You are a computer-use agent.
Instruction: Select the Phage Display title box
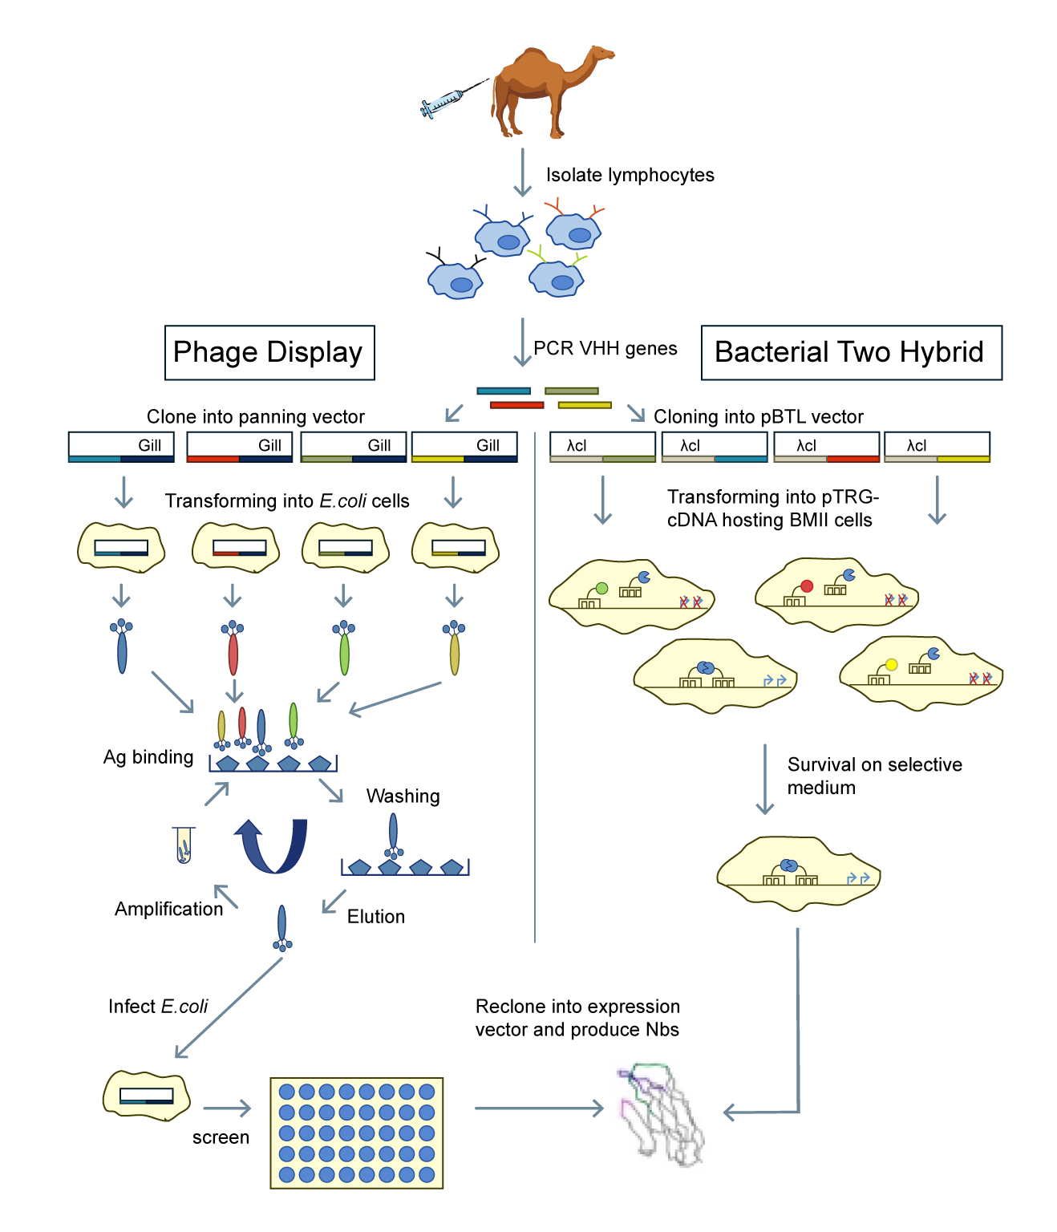(x=269, y=353)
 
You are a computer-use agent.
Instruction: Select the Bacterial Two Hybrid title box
(x=851, y=353)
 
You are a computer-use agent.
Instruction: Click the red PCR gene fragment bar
(x=516, y=405)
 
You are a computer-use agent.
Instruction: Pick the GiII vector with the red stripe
(x=239, y=448)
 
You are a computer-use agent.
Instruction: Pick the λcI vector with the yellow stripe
(x=937, y=448)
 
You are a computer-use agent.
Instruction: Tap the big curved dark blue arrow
(x=273, y=846)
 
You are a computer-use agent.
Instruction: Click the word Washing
(x=403, y=796)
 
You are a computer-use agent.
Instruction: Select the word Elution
(x=375, y=917)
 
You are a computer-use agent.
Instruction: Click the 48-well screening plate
(x=357, y=1133)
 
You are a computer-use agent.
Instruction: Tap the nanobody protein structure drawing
(x=662, y=1115)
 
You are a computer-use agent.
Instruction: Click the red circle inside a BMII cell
(x=807, y=586)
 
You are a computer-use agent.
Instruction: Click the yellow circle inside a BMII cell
(x=891, y=665)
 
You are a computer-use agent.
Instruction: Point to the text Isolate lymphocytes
(x=630, y=176)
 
